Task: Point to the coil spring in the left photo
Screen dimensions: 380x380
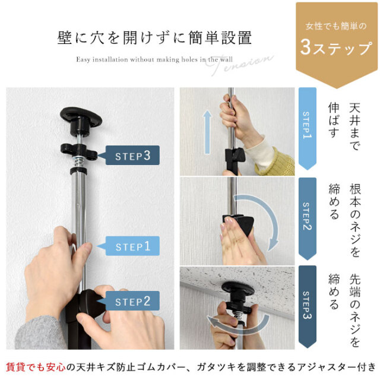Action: (80, 161)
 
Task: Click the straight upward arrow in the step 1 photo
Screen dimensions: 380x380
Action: (207, 132)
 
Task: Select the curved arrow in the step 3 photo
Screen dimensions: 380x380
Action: (239, 327)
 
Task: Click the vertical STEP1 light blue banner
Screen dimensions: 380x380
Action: (308, 128)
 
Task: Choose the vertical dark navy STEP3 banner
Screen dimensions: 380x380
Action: (308, 307)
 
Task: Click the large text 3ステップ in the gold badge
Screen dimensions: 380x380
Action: (336, 47)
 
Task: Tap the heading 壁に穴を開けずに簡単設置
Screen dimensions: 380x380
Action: (154, 38)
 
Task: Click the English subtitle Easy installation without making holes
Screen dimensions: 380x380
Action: (154, 59)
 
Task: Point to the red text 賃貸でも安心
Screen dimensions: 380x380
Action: (36, 367)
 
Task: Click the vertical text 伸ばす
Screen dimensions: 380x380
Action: (334, 120)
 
